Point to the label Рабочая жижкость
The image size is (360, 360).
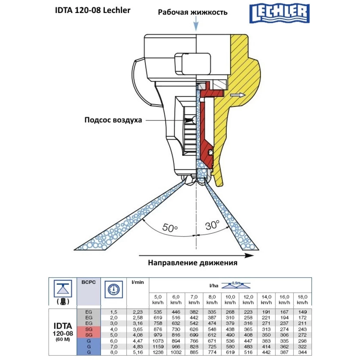193,12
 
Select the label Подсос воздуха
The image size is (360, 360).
113,120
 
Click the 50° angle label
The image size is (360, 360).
170,228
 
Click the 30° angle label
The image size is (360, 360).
213,226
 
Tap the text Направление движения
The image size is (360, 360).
193,262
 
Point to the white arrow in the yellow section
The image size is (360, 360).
238,95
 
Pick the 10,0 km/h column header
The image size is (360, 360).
230,300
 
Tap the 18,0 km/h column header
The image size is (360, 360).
303,300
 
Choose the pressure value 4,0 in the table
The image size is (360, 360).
114,329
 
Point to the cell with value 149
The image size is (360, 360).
303,312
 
